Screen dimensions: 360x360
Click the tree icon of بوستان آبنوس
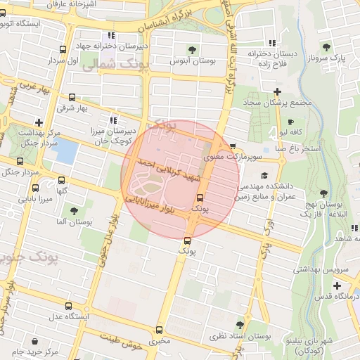coord(193,49)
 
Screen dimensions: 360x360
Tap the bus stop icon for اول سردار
coord(63,49)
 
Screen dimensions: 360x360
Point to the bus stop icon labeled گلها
coord(62,180)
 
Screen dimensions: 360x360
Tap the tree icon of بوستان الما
coord(73,210)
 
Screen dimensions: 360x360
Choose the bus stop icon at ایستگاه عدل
coord(68,306)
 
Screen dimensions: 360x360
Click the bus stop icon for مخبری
coord(159,330)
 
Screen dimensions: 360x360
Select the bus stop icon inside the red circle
coord(200,198)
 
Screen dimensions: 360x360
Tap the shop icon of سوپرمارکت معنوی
coord(233,146)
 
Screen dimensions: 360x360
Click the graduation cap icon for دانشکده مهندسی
coord(264,176)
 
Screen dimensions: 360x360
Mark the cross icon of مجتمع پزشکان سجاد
coord(278,91)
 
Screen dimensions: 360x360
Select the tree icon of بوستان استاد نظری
coord(240,324)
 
